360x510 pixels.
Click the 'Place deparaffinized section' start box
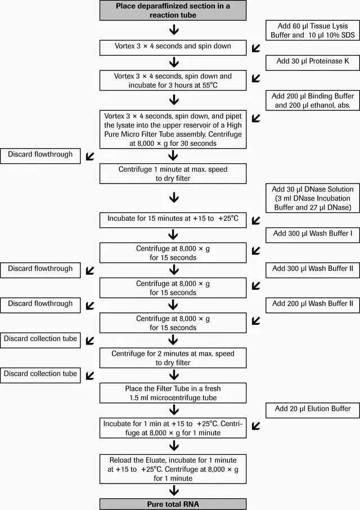pyautogui.click(x=173, y=10)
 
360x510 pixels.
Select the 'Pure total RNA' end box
pyautogui.click(x=173, y=504)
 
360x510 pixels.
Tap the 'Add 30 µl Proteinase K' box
pyautogui.click(x=313, y=63)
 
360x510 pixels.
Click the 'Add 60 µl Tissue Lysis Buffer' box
pyautogui.click(x=313, y=30)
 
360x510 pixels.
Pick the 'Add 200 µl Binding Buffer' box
pyautogui.click(x=313, y=101)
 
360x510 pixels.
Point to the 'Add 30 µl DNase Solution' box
pyautogui.click(x=313, y=198)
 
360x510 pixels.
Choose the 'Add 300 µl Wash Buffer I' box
pyautogui.click(x=313, y=235)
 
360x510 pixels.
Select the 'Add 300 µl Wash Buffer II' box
pyautogui.click(x=313, y=270)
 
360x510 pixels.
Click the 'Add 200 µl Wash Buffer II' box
pyautogui.click(x=313, y=306)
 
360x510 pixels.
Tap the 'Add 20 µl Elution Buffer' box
pyautogui.click(x=313, y=410)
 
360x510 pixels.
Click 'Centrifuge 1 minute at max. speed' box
pyautogui.click(x=173, y=174)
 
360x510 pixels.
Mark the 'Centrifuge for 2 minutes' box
pyautogui.click(x=173, y=358)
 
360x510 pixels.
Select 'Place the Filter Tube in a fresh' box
pyautogui.click(x=173, y=393)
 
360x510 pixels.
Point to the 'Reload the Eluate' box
pyautogui.click(x=173, y=469)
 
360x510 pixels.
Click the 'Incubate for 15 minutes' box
pyautogui.click(x=173, y=220)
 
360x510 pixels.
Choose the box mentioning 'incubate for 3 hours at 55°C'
pyautogui.click(x=173, y=80)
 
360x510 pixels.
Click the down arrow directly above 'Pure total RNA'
pyautogui.click(x=174, y=490)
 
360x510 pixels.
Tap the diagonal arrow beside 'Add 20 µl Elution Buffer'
pyautogui.click(x=256, y=426)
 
